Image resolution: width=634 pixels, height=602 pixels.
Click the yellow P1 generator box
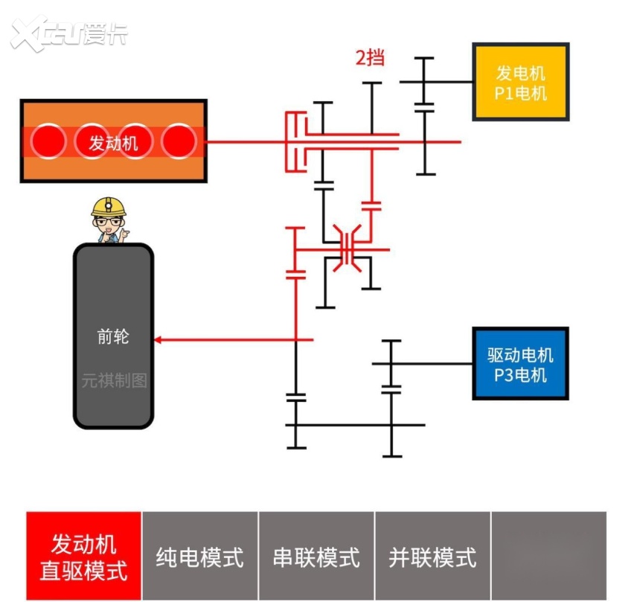521,82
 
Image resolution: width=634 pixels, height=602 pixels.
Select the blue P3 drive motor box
520,364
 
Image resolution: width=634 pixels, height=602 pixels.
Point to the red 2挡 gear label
370,57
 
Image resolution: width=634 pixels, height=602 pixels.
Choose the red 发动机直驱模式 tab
83,556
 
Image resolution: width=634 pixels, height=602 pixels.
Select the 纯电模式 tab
199,556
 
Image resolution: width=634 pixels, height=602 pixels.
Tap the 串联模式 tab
316,556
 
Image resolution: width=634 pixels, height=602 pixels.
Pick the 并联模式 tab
432,556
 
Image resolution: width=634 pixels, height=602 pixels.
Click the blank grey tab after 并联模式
549,556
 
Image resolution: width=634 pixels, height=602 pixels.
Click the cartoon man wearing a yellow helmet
109,220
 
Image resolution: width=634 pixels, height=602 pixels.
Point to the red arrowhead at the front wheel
158,340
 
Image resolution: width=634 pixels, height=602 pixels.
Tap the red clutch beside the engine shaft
296,141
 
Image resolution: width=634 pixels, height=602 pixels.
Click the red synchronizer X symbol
348,249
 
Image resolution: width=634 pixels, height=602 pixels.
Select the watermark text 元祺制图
114,380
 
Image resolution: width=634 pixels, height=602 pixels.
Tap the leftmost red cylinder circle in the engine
47,141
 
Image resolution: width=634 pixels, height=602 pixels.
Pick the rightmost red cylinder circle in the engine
179,141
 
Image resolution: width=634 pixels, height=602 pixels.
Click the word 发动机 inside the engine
113,141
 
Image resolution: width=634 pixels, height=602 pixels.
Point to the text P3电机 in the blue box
520,374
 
